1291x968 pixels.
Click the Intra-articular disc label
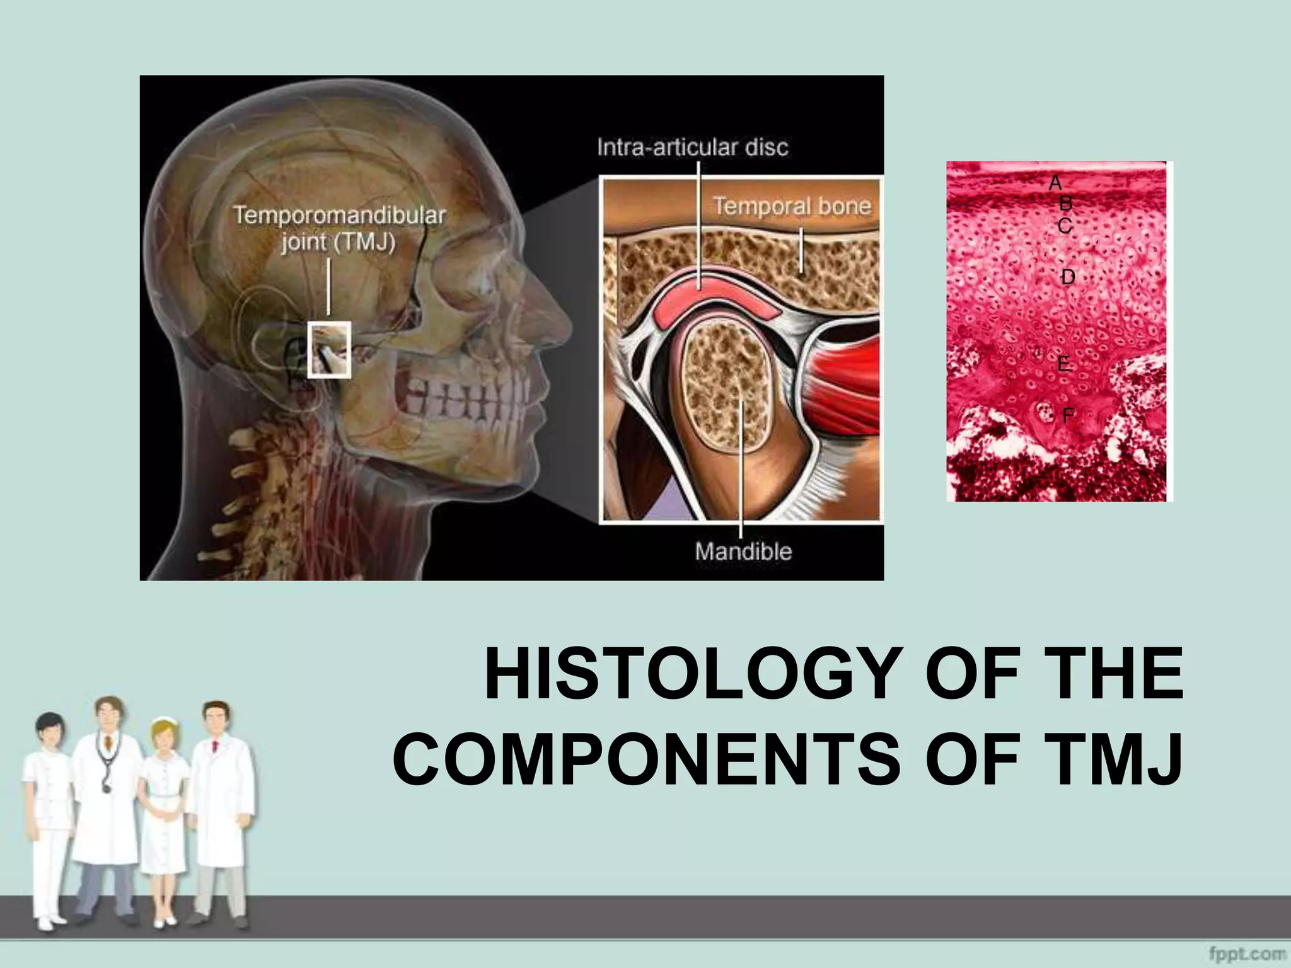(692, 147)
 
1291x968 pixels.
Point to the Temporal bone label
(792, 206)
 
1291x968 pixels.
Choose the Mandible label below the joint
(743, 551)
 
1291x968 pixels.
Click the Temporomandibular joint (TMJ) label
(339, 228)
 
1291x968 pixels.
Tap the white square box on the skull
(329, 350)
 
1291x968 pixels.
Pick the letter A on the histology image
(1055, 183)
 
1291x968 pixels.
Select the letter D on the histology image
(1067, 277)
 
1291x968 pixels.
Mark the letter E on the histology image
(1063, 364)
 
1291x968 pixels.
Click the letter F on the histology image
(1068, 415)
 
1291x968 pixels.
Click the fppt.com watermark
(1247, 954)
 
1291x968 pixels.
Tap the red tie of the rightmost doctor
(214, 747)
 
